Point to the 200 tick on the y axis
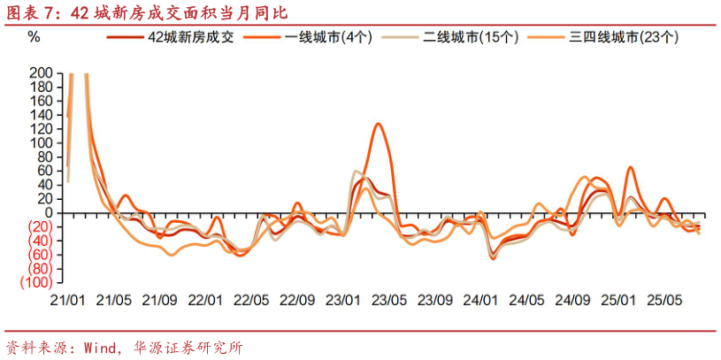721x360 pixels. coord(41,72)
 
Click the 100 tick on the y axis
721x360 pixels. coord(41,142)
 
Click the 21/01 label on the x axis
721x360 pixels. coord(68,301)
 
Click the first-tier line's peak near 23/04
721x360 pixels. coord(379,124)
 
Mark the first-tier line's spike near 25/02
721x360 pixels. coord(631,167)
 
